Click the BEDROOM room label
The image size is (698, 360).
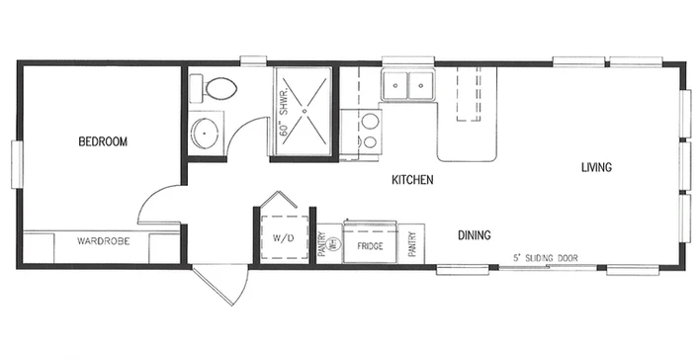pyautogui.click(x=103, y=141)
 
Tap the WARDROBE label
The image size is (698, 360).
pyautogui.click(x=103, y=241)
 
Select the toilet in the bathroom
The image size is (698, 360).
pyautogui.click(x=214, y=88)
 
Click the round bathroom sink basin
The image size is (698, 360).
pyautogui.click(x=205, y=134)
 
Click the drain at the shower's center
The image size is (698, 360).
pyautogui.click(x=305, y=111)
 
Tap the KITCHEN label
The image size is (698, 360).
pyautogui.click(x=412, y=180)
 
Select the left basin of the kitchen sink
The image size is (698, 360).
pyautogui.click(x=394, y=85)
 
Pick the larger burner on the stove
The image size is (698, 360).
pyautogui.click(x=370, y=121)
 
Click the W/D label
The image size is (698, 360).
pyautogui.click(x=284, y=238)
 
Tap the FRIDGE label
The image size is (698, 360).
pyautogui.click(x=370, y=246)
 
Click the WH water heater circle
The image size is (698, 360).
pyautogui.click(x=332, y=243)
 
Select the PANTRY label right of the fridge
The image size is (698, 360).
pyautogui.click(x=412, y=243)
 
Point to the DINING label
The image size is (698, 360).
pyautogui.click(x=475, y=234)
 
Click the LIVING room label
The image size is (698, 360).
pyautogui.click(x=596, y=167)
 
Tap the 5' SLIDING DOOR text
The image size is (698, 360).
pyautogui.click(x=546, y=258)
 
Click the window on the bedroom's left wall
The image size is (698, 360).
pyautogui.click(x=17, y=164)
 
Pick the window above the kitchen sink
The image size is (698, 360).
pyautogui.click(x=407, y=61)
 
